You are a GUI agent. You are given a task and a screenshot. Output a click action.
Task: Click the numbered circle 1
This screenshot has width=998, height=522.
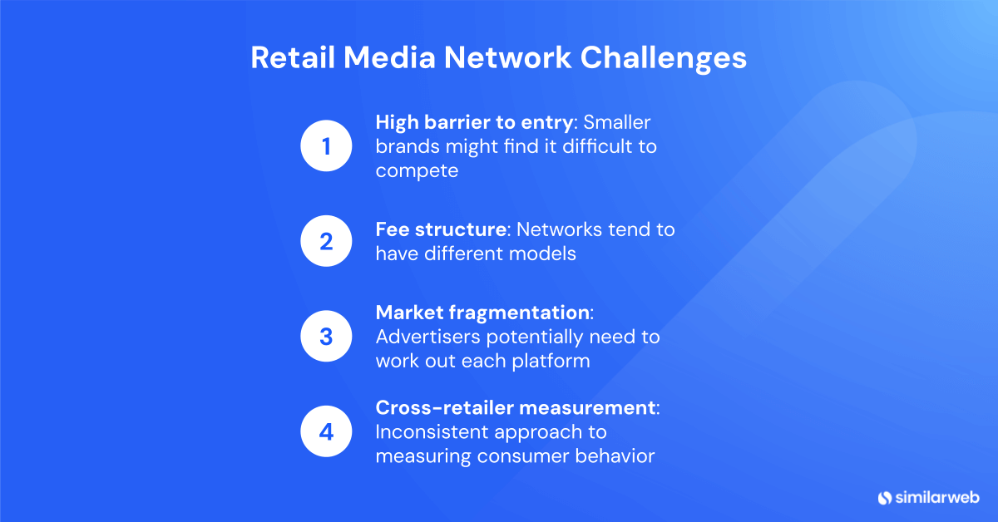click(327, 147)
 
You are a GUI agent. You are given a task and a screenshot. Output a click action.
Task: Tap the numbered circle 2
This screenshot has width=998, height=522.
click(327, 242)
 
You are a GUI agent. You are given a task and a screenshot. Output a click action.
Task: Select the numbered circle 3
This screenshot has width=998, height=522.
click(327, 337)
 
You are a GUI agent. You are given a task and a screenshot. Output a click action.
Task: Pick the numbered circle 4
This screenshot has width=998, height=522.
click(327, 432)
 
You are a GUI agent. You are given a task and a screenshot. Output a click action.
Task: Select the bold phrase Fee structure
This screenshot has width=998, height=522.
click(440, 229)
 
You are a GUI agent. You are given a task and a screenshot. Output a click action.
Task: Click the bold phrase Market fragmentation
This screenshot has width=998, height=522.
click(482, 313)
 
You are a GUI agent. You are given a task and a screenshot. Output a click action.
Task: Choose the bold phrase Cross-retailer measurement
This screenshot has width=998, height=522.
click(515, 408)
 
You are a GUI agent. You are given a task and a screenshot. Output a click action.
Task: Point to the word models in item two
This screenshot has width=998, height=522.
click(545, 254)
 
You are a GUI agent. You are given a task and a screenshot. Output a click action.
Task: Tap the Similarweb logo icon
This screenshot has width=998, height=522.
click(884, 498)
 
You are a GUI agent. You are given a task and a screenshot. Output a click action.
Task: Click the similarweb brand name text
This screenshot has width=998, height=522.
click(937, 498)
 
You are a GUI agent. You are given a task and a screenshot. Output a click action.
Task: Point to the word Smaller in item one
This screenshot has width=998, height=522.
click(617, 122)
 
